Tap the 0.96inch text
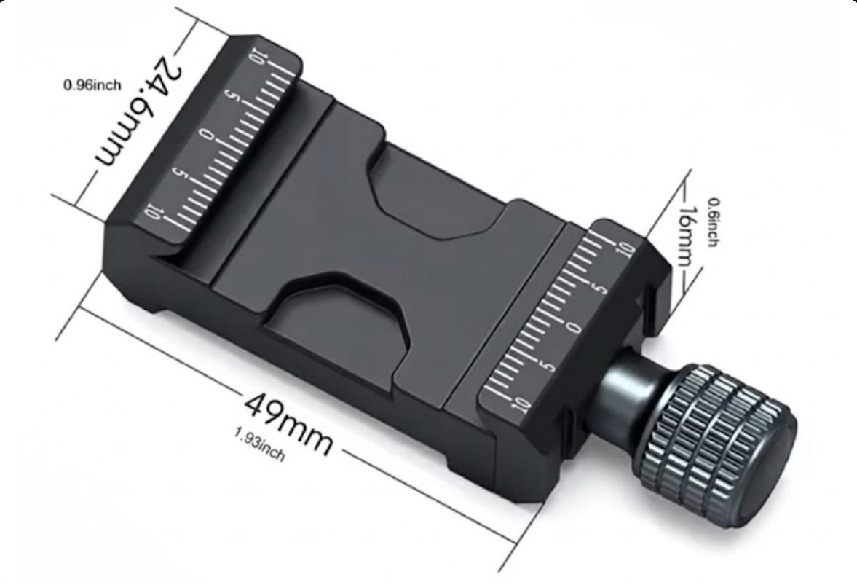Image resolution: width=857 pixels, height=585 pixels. click(92, 85)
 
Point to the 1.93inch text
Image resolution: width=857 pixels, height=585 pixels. click(260, 444)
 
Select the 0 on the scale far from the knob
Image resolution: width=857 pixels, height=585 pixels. click(206, 135)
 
